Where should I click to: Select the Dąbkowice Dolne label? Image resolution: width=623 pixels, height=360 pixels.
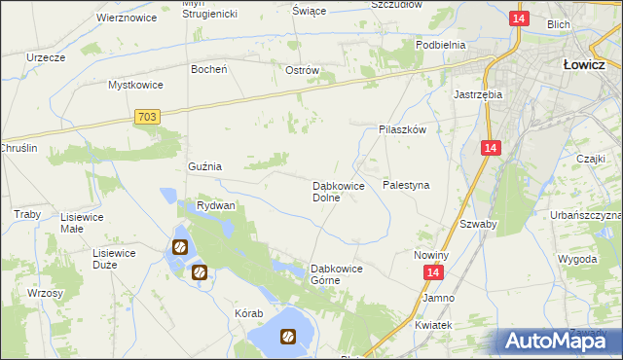(338, 191)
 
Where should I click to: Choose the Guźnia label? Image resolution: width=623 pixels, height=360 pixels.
(204, 166)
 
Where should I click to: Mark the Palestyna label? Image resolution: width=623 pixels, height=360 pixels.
(406, 184)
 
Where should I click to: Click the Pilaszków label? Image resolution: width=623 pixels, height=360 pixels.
(403, 128)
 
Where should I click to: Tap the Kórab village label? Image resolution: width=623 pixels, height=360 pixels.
(249, 314)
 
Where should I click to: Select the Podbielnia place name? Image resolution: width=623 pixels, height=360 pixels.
(440, 45)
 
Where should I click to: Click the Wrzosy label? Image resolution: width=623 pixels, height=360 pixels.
(46, 293)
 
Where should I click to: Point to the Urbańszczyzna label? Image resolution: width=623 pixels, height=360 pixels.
(586, 214)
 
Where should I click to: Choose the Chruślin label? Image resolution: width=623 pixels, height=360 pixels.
(18, 148)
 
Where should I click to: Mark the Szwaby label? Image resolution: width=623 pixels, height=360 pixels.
(478, 223)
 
